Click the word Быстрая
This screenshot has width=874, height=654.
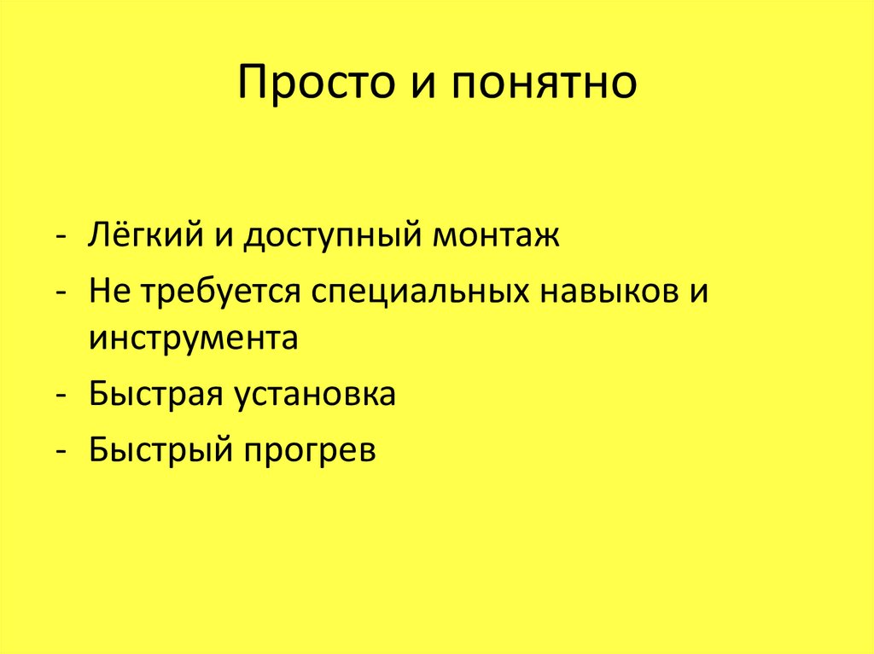[x=150, y=395]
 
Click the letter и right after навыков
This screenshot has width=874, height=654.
[x=697, y=292]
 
